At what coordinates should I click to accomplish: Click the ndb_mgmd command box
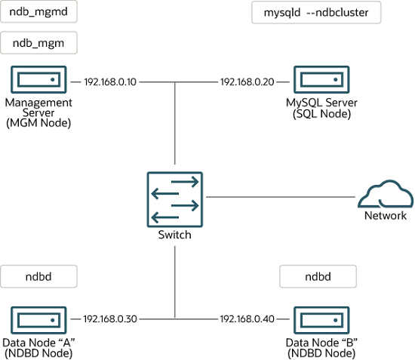click(38, 12)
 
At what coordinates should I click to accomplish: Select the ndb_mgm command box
click(38, 44)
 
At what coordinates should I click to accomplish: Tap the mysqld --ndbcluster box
click(315, 12)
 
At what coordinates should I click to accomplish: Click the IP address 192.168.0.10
click(110, 81)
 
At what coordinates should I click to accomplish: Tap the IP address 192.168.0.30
click(110, 319)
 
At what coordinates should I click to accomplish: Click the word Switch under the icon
click(175, 235)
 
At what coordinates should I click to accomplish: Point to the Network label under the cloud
click(385, 216)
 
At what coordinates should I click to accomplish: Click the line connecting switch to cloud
click(279, 197)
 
